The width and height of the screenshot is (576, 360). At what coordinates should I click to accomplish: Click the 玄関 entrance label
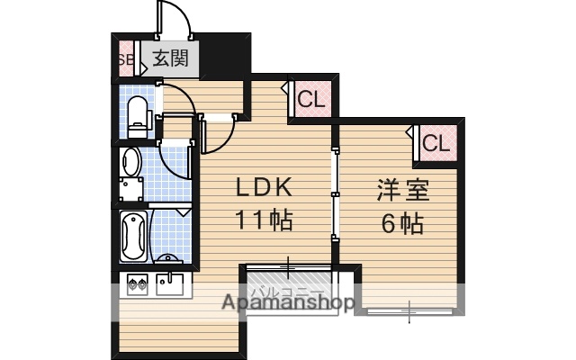169,60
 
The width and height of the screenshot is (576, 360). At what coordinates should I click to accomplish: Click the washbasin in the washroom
132,163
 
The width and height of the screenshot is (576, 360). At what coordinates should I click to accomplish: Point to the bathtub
131,236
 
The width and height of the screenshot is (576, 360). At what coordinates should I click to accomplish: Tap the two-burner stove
137,284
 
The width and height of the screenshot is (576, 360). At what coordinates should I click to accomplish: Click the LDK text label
264,188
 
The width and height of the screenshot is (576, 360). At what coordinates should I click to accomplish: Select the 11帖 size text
264,220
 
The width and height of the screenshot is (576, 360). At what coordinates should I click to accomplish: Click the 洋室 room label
401,190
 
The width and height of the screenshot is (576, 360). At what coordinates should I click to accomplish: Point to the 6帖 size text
401,221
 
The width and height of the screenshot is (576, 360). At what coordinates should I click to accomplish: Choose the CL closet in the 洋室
436,142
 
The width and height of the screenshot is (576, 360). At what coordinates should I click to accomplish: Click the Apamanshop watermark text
288,303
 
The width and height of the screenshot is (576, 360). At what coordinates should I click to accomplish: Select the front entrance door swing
171,22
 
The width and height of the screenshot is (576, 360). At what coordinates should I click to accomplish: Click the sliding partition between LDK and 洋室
334,193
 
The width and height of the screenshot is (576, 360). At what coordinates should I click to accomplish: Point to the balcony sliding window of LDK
288,265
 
